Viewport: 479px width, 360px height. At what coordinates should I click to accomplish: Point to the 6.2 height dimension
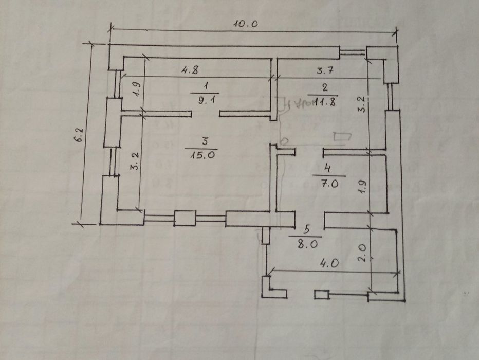(78, 139)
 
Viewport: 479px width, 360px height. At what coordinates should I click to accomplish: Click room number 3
(205, 140)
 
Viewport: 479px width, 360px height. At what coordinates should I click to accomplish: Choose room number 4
(327, 168)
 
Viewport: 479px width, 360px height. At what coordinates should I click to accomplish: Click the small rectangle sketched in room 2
(342, 137)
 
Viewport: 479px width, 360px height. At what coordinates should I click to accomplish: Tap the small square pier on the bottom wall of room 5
(321, 295)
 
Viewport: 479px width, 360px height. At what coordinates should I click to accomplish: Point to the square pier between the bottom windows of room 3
(182, 218)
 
